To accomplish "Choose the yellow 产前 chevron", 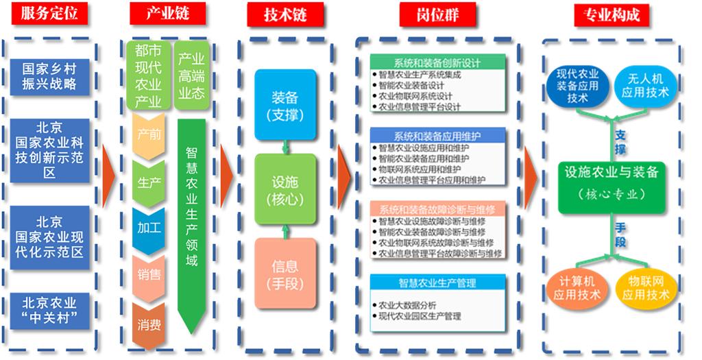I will [x=149, y=135].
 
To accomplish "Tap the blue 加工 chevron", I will [x=149, y=227].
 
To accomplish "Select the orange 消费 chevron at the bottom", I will [x=149, y=324].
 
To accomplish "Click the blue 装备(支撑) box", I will [x=285, y=105].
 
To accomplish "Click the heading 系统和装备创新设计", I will [x=437, y=63].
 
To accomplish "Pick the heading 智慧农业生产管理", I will [x=437, y=283].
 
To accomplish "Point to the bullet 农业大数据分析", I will [x=407, y=304].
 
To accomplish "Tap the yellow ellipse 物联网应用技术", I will [x=645, y=289].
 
